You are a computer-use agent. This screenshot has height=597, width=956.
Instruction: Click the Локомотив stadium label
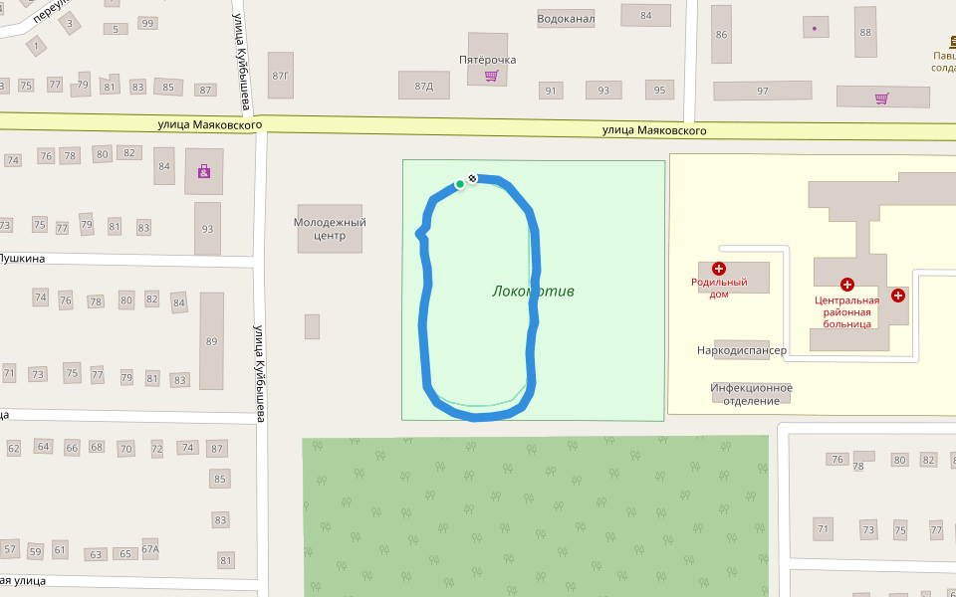[x=533, y=292]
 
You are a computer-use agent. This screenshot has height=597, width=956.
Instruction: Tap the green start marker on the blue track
[x=460, y=184]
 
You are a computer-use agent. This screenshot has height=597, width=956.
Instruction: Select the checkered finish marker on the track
[x=472, y=178]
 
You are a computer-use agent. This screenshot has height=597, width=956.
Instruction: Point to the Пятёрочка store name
[x=487, y=60]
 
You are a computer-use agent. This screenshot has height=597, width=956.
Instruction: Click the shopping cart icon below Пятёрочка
[x=490, y=76]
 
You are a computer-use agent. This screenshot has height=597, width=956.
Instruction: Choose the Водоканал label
[x=566, y=18]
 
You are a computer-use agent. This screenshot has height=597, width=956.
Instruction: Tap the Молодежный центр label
[x=330, y=229]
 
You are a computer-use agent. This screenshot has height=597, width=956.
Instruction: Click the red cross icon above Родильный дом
[x=719, y=269]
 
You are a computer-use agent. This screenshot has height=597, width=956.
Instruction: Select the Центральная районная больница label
[x=847, y=311]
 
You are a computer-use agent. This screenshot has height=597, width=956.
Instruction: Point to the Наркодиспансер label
[x=742, y=350]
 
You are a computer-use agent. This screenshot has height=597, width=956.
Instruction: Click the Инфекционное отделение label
[x=751, y=394]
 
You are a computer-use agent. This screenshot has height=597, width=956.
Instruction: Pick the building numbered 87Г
[x=281, y=76]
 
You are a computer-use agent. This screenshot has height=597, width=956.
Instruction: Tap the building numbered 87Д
[x=423, y=87]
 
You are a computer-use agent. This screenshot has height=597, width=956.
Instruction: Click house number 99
[x=148, y=23]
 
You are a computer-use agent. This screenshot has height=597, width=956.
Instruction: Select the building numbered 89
[x=211, y=341]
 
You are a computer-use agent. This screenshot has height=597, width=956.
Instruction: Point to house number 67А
[x=150, y=548]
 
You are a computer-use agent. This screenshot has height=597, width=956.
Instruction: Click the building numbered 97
[x=763, y=92]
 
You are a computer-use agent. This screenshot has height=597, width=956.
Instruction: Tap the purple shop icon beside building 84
[x=204, y=172]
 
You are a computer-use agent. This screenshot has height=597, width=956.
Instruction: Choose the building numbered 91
[x=550, y=91]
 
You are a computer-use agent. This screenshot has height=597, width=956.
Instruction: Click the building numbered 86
[x=721, y=34]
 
